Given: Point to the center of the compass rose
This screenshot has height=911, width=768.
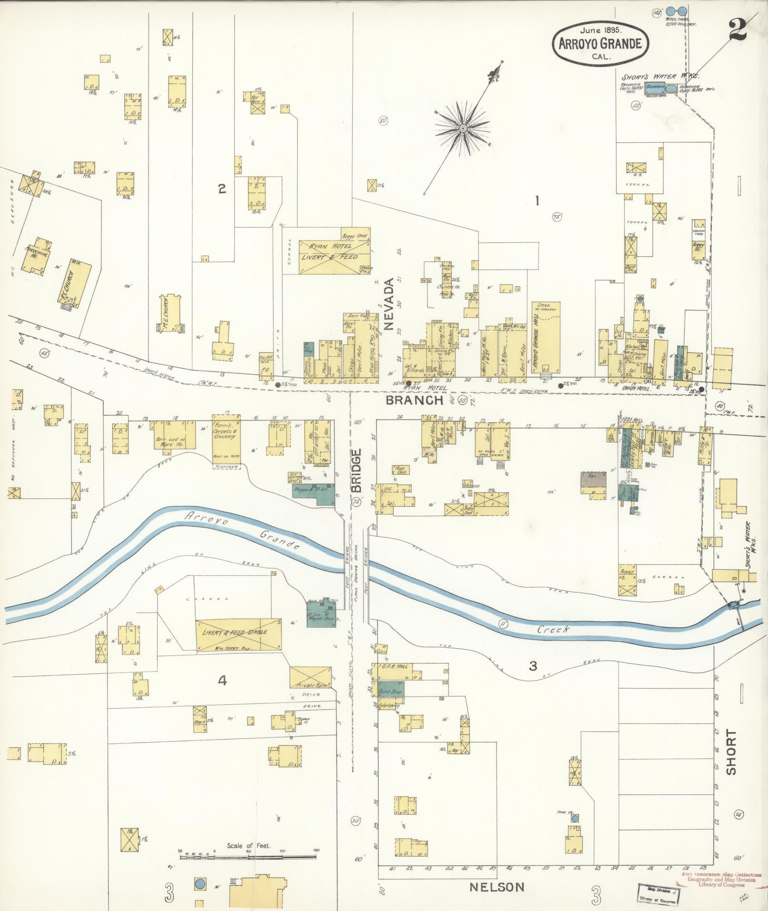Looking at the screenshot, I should tap(462, 129).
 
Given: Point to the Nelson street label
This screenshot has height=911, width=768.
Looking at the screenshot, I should tap(497, 887).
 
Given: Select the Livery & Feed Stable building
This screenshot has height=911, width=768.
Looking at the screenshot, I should tap(238, 635).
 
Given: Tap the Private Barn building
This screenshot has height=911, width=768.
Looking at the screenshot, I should tap(310, 684).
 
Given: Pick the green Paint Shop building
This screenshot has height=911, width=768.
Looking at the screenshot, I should tap(390, 691).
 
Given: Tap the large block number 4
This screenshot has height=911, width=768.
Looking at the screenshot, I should tap(222, 681).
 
